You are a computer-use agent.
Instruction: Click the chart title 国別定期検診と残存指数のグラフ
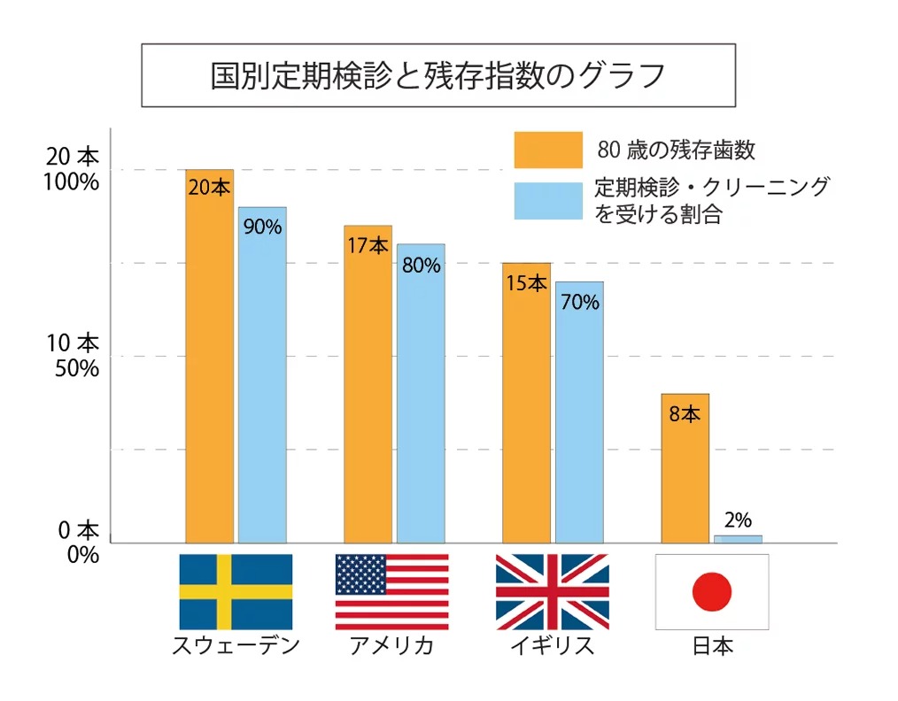[437, 76]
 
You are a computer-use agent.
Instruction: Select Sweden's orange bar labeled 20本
[209, 363]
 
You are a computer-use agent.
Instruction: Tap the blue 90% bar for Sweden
[262, 381]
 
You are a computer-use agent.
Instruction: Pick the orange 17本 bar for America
[368, 389]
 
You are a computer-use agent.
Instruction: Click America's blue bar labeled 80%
[421, 398]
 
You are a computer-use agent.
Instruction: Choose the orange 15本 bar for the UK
[526, 407]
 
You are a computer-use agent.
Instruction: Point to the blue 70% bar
[579, 416]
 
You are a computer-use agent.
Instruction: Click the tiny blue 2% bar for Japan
[738, 539]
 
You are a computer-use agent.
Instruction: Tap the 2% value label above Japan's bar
[738, 520]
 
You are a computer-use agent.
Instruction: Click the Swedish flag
[236, 591]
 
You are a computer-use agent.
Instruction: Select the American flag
[391, 591]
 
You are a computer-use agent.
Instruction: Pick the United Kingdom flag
[552, 591]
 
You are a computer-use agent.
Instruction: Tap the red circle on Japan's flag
[711, 591]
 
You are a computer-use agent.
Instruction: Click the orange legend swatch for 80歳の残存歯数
[548, 150]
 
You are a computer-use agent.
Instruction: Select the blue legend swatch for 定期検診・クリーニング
[548, 201]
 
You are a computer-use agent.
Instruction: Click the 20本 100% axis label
[73, 169]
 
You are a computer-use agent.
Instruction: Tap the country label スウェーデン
[236, 645]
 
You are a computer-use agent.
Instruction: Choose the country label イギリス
[552, 645]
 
